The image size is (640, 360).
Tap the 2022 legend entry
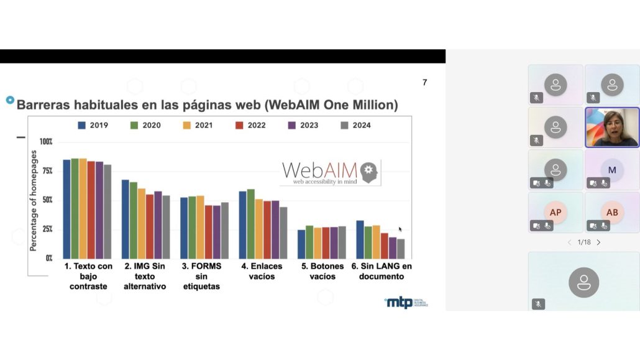point(250,125)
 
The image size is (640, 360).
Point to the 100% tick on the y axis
point(47,142)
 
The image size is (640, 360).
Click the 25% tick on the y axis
point(47,229)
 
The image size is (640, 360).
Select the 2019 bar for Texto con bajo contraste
point(66,209)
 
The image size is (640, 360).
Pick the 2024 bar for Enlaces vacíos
point(283,233)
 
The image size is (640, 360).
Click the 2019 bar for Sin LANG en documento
point(360,239)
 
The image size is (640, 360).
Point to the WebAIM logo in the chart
point(329,172)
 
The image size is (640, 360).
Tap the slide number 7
point(425,83)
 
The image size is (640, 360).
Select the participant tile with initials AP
point(555,212)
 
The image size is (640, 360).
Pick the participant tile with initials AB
point(612,212)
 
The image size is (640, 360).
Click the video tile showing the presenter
point(612,127)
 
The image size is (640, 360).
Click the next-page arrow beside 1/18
point(598,242)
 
